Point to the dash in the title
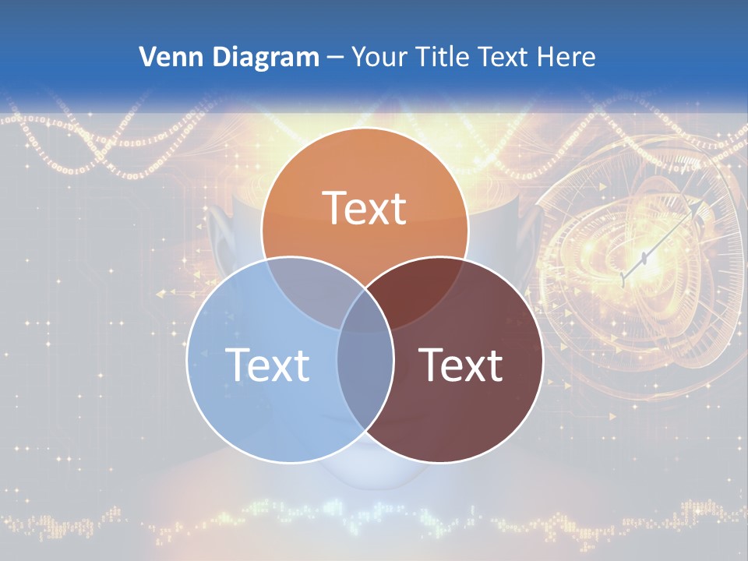pyautogui.click(x=335, y=58)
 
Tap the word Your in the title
pyautogui.click(x=378, y=57)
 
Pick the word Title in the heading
pyautogui.click(x=441, y=57)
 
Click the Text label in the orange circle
pyautogui.click(x=365, y=208)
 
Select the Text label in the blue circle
pyautogui.click(x=267, y=364)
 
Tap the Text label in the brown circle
pyautogui.click(x=461, y=364)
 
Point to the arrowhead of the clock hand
pyautogui.click(x=706, y=203)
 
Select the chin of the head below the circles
pyautogui.click(x=365, y=475)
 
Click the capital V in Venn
pyautogui.click(x=146, y=57)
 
